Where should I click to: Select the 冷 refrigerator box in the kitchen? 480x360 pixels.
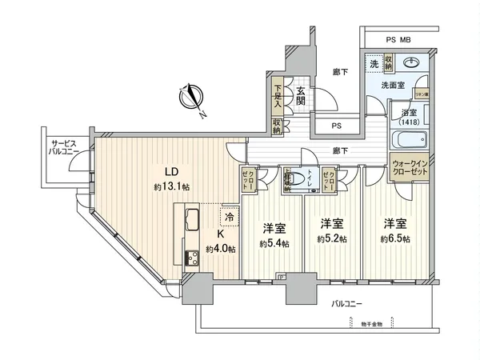pos(230,215)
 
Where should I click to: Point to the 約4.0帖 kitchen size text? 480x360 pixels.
pos(220,249)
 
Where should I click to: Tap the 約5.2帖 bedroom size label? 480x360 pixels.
pos(331,238)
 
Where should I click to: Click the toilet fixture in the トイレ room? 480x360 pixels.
pos(298,180)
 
